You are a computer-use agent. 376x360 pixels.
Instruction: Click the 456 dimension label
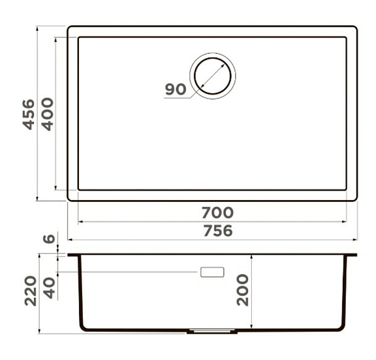tap(29, 115)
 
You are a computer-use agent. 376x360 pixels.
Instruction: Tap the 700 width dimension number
tap(217, 213)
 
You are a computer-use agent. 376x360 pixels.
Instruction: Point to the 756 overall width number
tap(218, 231)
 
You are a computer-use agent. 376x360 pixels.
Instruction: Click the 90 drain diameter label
tap(175, 89)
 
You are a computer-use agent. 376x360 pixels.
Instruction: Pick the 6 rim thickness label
tap(49, 239)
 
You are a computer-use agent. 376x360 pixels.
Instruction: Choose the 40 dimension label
tap(50, 288)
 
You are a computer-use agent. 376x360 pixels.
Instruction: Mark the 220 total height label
tap(31, 291)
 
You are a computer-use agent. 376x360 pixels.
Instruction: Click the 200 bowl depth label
tap(243, 290)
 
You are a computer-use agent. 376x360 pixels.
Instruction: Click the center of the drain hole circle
tap(212, 76)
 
